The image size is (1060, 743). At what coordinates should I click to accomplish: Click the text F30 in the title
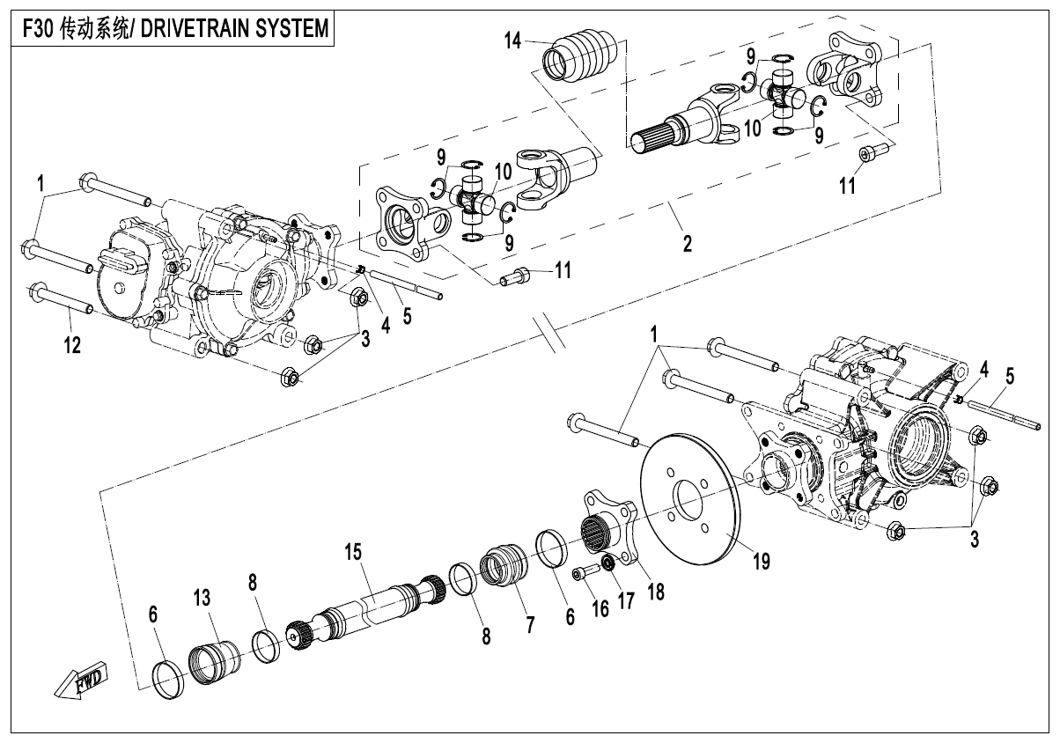[x=36, y=28]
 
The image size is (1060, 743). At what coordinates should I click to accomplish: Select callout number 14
[x=513, y=40]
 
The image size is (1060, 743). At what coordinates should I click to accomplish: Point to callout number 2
[x=687, y=243]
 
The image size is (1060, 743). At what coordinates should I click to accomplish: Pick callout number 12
[x=71, y=346]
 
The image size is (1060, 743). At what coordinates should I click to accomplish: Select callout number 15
[x=353, y=553]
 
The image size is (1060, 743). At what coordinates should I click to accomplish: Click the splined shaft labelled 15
[x=370, y=607]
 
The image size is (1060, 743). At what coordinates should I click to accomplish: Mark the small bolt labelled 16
[x=584, y=574]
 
